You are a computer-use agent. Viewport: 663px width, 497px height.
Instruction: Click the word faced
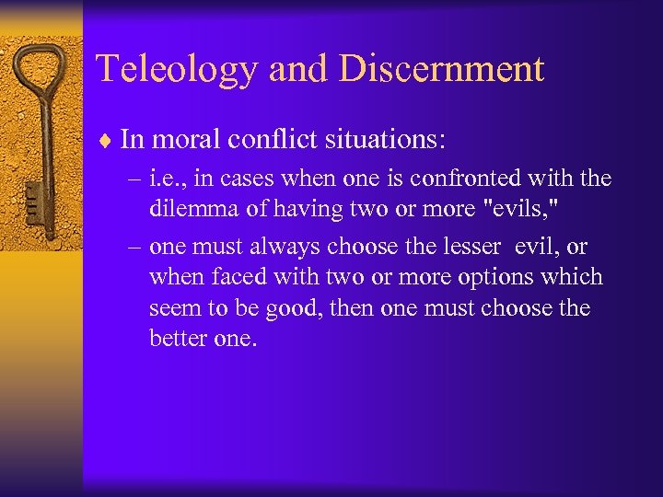[x=241, y=277]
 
